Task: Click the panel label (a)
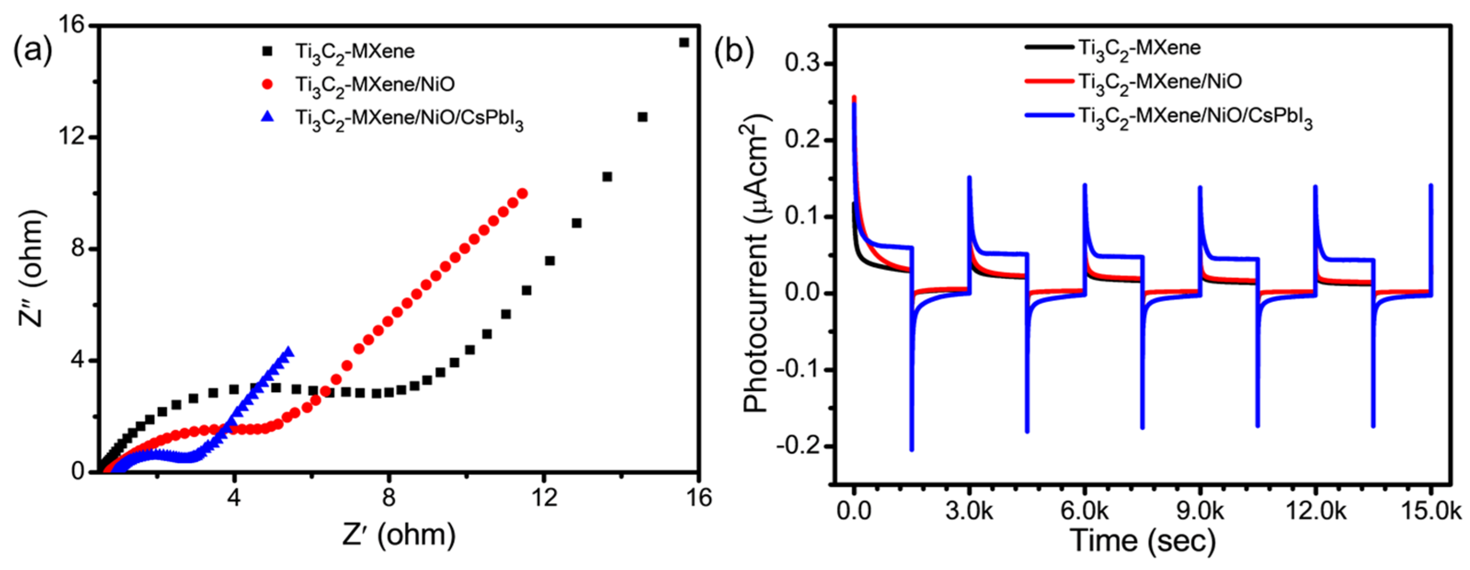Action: [33, 50]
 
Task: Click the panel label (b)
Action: [734, 50]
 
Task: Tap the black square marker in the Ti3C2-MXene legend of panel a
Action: [267, 51]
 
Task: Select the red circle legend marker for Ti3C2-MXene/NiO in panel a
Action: [267, 85]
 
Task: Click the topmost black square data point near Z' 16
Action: [684, 42]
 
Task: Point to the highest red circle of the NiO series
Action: [522, 194]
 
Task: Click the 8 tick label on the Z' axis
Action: [388, 498]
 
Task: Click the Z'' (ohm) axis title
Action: [31, 268]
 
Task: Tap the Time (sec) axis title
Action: [1143, 540]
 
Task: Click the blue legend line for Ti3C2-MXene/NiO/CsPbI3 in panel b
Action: [1049, 115]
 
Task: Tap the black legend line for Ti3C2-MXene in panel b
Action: [1049, 47]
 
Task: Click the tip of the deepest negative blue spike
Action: [912, 450]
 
